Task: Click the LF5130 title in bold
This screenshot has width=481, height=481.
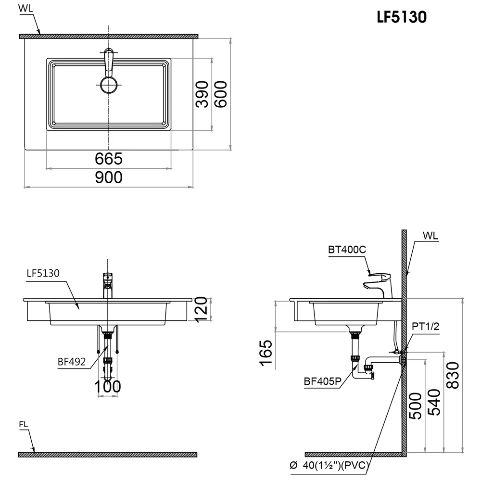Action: click(x=402, y=17)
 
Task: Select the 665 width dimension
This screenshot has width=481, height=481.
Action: click(x=109, y=159)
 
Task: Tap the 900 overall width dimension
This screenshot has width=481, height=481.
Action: click(x=109, y=177)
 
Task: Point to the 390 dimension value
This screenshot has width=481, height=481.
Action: click(x=202, y=94)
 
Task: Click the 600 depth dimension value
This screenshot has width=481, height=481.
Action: click(x=221, y=94)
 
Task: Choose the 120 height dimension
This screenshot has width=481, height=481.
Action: click(x=202, y=309)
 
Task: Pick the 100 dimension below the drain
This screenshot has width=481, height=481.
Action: click(x=107, y=387)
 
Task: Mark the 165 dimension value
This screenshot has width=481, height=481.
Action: click(x=266, y=353)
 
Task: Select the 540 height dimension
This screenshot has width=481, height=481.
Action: click(x=434, y=402)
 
